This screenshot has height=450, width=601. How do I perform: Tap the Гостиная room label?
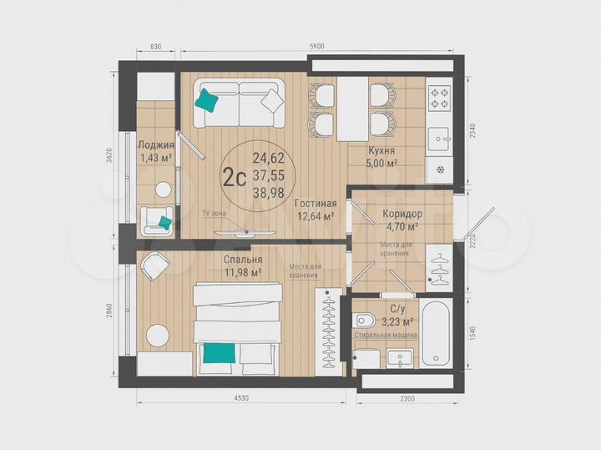click(x=316, y=203)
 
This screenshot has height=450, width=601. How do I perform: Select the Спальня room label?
click(x=242, y=259)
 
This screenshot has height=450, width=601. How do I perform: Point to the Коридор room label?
click(x=402, y=214)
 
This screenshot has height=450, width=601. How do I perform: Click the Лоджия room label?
click(x=155, y=144)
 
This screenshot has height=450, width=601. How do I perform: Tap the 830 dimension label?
click(x=150, y=48)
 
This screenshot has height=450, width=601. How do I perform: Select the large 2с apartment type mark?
click(x=233, y=176)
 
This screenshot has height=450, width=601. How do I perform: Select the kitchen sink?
click(x=440, y=134)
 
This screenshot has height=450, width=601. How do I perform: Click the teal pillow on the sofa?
click(x=207, y=100)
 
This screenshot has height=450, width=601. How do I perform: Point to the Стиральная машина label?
click(x=386, y=335)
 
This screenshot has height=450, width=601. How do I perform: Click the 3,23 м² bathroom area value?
click(x=396, y=321)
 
